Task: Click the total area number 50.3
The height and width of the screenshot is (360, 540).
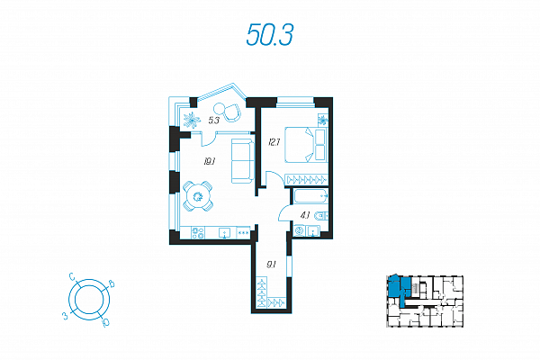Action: click(270, 35)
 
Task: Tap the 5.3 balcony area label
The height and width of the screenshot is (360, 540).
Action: click(215, 119)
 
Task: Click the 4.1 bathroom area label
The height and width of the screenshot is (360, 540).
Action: click(305, 214)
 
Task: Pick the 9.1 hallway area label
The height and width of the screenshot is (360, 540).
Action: click(270, 264)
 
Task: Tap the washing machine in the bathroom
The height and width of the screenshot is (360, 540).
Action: click(301, 231)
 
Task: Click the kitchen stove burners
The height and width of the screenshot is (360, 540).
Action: click(199, 232)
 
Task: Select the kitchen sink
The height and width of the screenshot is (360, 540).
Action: click(223, 232)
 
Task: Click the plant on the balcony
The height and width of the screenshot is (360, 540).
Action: click(191, 120)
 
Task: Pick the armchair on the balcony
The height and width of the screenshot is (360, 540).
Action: click(232, 112)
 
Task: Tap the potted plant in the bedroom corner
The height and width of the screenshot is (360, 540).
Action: click(324, 121)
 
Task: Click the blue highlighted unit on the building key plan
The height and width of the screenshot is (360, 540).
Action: click(398, 287)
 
